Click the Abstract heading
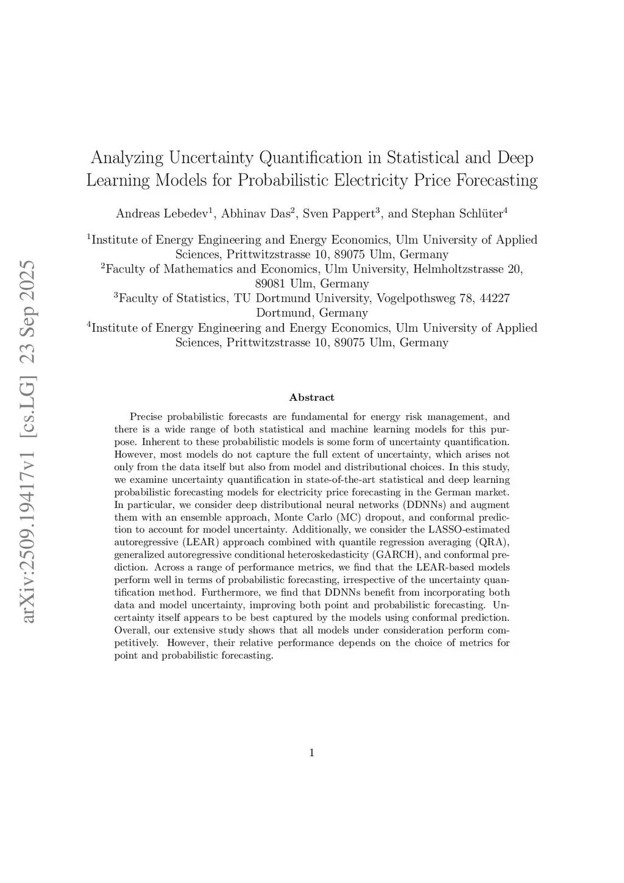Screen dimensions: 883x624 [311, 398]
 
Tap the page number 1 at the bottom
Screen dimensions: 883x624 [311, 753]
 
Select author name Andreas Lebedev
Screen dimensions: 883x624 [162, 213]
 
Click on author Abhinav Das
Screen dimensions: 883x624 [256, 213]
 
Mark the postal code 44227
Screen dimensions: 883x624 [494, 298]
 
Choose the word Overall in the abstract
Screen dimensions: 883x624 [132, 630]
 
